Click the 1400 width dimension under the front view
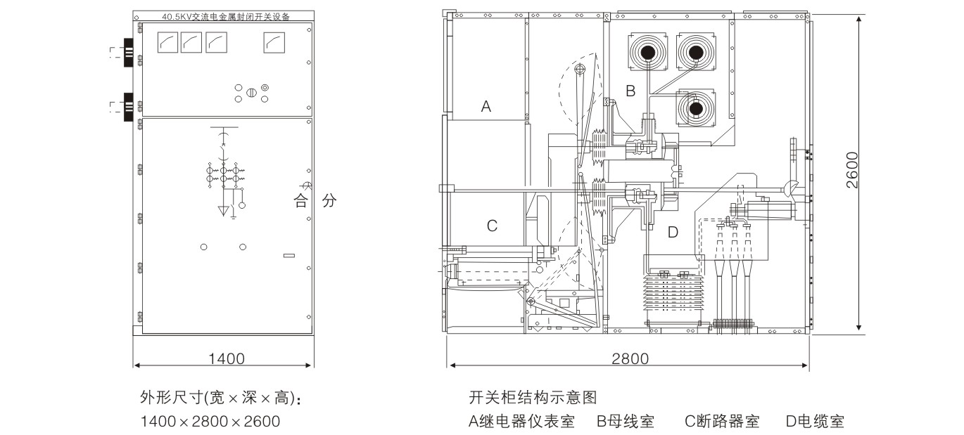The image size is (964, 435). [x=226, y=359]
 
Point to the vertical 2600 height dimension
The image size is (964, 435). [x=852, y=170]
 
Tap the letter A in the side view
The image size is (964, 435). [x=486, y=107]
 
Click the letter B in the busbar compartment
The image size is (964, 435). [x=630, y=91]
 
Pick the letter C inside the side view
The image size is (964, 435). [x=492, y=226]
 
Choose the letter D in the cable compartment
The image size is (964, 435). [x=673, y=232]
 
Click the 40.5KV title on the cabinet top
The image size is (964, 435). [x=222, y=15]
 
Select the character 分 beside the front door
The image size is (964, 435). [x=329, y=201]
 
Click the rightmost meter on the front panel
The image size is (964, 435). [x=274, y=44]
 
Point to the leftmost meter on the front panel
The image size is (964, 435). [x=167, y=44]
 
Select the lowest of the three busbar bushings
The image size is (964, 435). [x=695, y=108]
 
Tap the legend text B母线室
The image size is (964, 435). [x=626, y=422]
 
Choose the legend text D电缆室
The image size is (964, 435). [x=814, y=422]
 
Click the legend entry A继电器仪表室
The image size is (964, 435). [x=521, y=422]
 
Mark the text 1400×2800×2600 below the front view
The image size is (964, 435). [x=210, y=422]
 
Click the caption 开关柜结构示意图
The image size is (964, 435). [x=533, y=398]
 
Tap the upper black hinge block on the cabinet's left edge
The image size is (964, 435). [x=129, y=53]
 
